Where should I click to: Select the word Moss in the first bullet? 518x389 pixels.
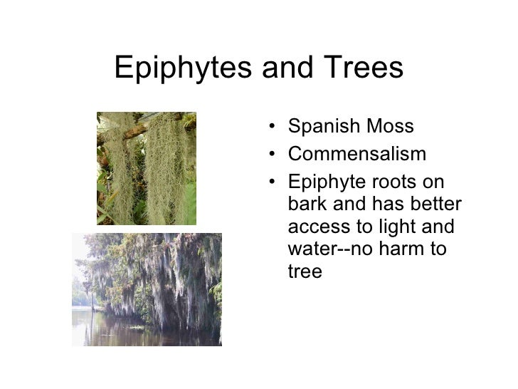click(x=388, y=127)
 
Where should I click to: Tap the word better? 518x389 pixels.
click(x=433, y=204)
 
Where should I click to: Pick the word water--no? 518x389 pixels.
click(x=333, y=249)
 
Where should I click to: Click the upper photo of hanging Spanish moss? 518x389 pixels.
click(x=146, y=168)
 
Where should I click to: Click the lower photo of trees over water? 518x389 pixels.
click(x=147, y=289)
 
